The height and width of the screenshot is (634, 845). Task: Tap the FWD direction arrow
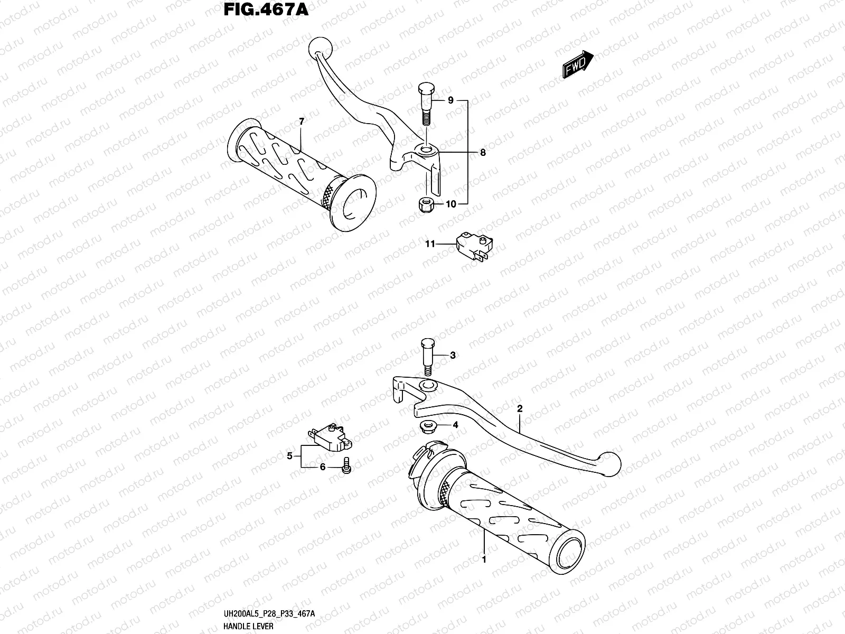click(577, 65)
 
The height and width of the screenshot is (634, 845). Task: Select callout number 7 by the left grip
click(302, 122)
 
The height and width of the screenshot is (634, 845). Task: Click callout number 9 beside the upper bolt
click(450, 100)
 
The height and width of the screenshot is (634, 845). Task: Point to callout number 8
click(483, 153)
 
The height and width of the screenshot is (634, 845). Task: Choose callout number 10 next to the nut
click(450, 204)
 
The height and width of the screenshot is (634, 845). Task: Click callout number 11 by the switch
click(430, 244)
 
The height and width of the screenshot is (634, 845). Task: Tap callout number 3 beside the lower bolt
click(453, 356)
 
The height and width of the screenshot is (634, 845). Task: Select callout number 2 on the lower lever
click(520, 408)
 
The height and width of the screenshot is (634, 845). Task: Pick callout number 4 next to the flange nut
click(455, 425)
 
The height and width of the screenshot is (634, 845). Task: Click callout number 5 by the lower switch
click(289, 456)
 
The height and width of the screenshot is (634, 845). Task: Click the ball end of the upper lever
click(320, 46)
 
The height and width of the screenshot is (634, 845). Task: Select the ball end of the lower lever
click(610, 465)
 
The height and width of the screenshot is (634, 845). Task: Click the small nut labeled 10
click(426, 205)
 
